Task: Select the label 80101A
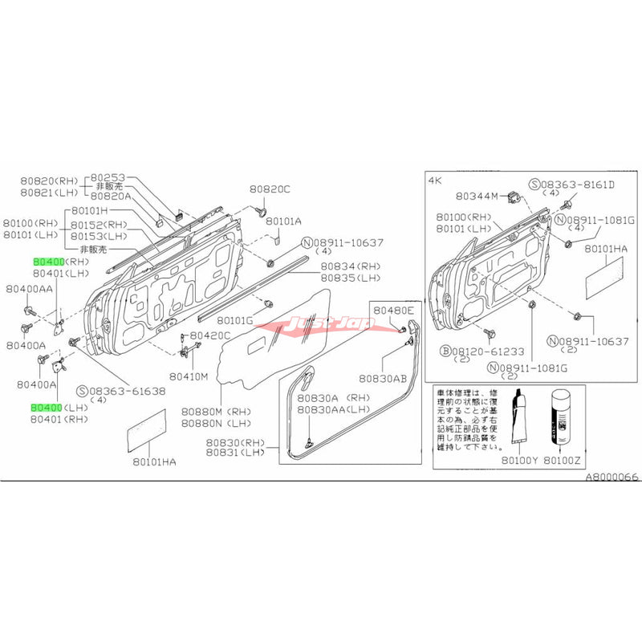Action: coord(284,221)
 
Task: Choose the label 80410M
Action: coord(189,376)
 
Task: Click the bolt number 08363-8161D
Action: coord(575,183)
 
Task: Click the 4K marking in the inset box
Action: coord(437,180)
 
